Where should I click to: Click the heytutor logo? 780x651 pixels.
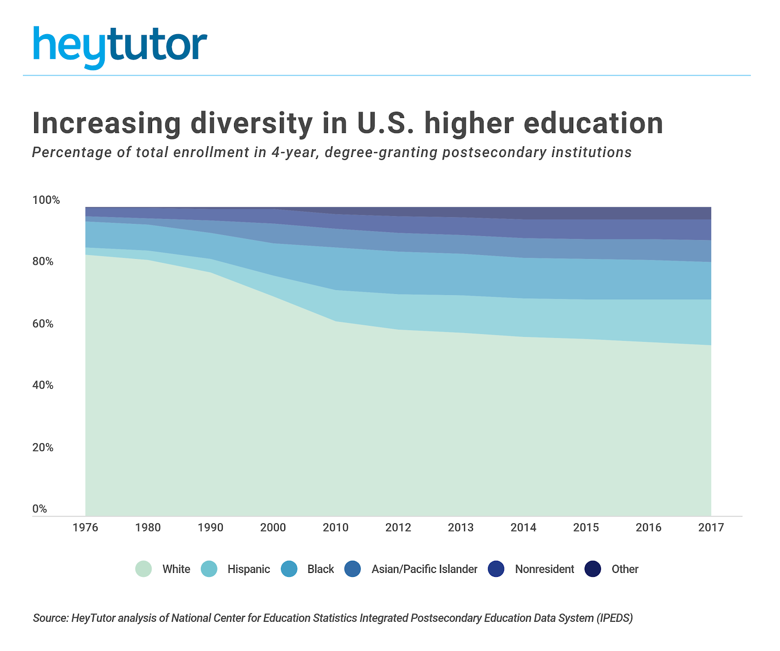click(x=120, y=46)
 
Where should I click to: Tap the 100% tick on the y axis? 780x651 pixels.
click(x=46, y=200)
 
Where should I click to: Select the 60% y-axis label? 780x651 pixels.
click(x=43, y=324)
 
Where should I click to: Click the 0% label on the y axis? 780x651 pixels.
click(x=40, y=509)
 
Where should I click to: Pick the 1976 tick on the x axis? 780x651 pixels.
click(x=85, y=527)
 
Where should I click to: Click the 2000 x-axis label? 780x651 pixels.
click(x=273, y=527)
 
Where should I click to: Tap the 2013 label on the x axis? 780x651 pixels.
click(x=461, y=527)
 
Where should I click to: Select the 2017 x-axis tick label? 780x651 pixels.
click(x=711, y=527)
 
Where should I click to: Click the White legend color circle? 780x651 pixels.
click(x=143, y=569)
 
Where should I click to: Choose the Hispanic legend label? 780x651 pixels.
click(x=249, y=569)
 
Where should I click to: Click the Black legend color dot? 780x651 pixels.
click(x=289, y=569)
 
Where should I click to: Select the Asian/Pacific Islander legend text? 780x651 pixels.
click(x=424, y=569)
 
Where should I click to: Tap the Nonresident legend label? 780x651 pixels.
click(x=545, y=569)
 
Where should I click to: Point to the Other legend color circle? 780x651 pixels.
click(x=593, y=569)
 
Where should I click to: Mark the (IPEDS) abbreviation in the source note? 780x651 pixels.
click(x=614, y=618)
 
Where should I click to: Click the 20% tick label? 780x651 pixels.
click(x=43, y=447)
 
